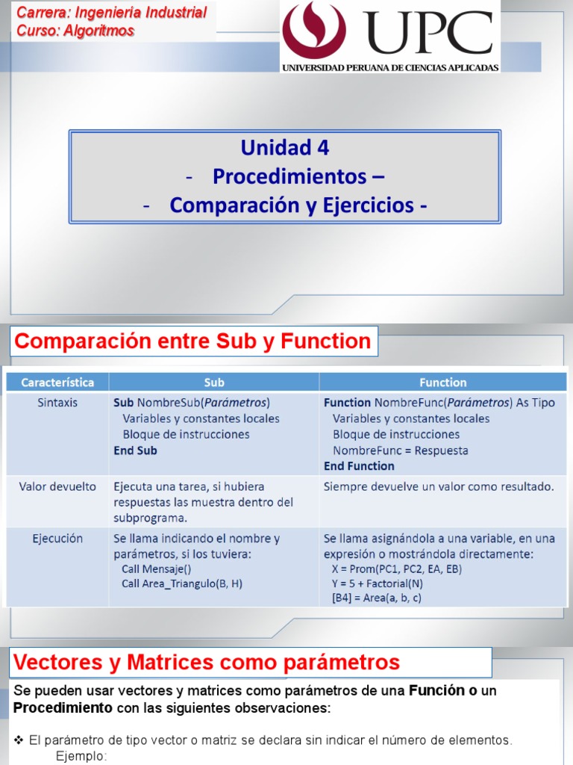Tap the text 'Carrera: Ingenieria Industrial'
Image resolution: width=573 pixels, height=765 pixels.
tap(111, 13)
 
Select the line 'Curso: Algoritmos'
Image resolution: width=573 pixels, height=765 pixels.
tap(75, 31)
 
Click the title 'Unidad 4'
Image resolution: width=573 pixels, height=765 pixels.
tap(284, 147)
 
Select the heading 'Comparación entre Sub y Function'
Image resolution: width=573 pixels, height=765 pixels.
tap(193, 341)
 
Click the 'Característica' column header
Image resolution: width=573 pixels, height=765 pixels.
tap(57, 382)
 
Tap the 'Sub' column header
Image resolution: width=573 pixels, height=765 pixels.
tap(214, 382)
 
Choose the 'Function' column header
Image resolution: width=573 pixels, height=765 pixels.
tap(442, 382)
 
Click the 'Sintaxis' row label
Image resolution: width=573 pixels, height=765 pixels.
tap(57, 402)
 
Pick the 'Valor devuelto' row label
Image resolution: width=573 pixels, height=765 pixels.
tap(57, 486)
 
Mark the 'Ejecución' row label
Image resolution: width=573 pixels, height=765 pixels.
tap(57, 538)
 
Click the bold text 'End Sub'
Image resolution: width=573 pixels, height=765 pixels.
tap(135, 450)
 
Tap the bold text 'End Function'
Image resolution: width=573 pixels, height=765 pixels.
tap(359, 466)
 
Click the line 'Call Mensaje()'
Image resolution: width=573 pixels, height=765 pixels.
tap(157, 569)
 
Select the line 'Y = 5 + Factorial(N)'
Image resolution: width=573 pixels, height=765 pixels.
tap(378, 583)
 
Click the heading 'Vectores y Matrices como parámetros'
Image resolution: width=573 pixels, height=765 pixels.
tap(207, 662)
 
